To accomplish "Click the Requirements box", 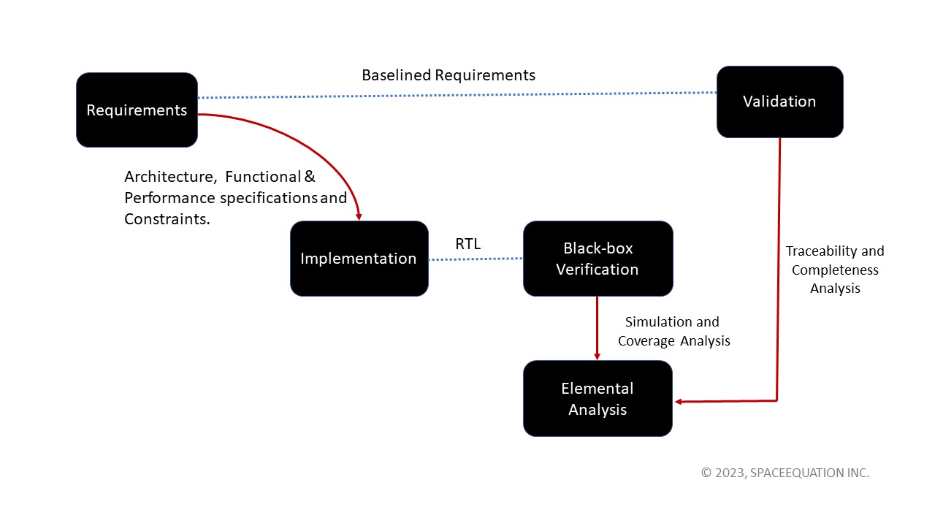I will pos(137,110).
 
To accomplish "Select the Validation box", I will pos(779,102).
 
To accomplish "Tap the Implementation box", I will pos(359,259).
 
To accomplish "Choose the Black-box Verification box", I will pos(598,259).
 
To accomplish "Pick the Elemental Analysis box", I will pos(598,399).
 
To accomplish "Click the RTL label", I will pos(468,244).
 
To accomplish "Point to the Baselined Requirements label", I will pos(449,75).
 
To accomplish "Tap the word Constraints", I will pos(167,218).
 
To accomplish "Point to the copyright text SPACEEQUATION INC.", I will pos(811,473).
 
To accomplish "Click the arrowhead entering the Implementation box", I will pos(359,216).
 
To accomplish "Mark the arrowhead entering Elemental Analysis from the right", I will pos(679,401).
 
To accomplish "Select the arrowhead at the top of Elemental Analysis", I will pos(598,356).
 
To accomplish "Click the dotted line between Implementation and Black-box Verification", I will pos(476,259).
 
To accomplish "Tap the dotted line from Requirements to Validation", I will pos(457,95).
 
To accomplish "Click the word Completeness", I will pos(835,270).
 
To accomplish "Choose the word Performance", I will pos(170,198).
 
